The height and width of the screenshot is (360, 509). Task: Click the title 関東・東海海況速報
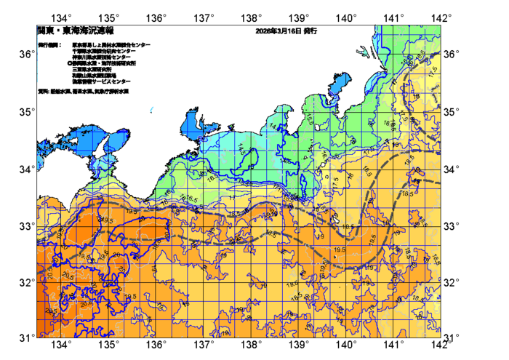click(76, 31)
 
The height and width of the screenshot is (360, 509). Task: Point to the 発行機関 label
click(49, 45)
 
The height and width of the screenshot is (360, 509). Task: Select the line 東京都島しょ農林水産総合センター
click(111, 45)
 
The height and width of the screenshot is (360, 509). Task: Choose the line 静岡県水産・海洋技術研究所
click(105, 63)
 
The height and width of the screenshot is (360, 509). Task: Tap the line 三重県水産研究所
click(92, 69)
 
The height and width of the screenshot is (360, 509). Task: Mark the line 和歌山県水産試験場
click(95, 75)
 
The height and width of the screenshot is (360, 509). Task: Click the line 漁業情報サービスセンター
click(102, 81)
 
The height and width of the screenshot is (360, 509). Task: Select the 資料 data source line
click(83, 92)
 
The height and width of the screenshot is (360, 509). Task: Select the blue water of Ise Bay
click(195, 124)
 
